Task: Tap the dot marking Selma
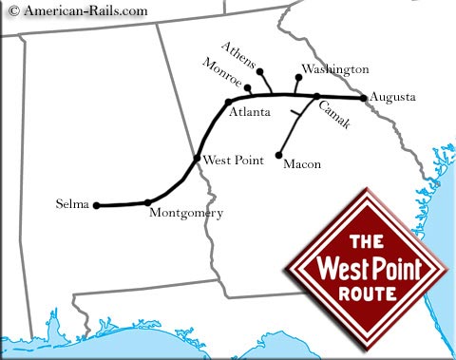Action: [x=96, y=204]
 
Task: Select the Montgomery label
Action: [x=186, y=214]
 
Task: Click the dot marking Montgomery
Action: [x=147, y=201]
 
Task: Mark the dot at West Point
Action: [x=197, y=159]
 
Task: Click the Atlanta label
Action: [x=249, y=112]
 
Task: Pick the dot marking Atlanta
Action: [x=229, y=102]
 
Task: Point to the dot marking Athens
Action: [x=260, y=71]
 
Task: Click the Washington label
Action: [x=333, y=69]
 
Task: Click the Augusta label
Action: [x=393, y=97]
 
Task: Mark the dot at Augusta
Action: [x=364, y=97]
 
